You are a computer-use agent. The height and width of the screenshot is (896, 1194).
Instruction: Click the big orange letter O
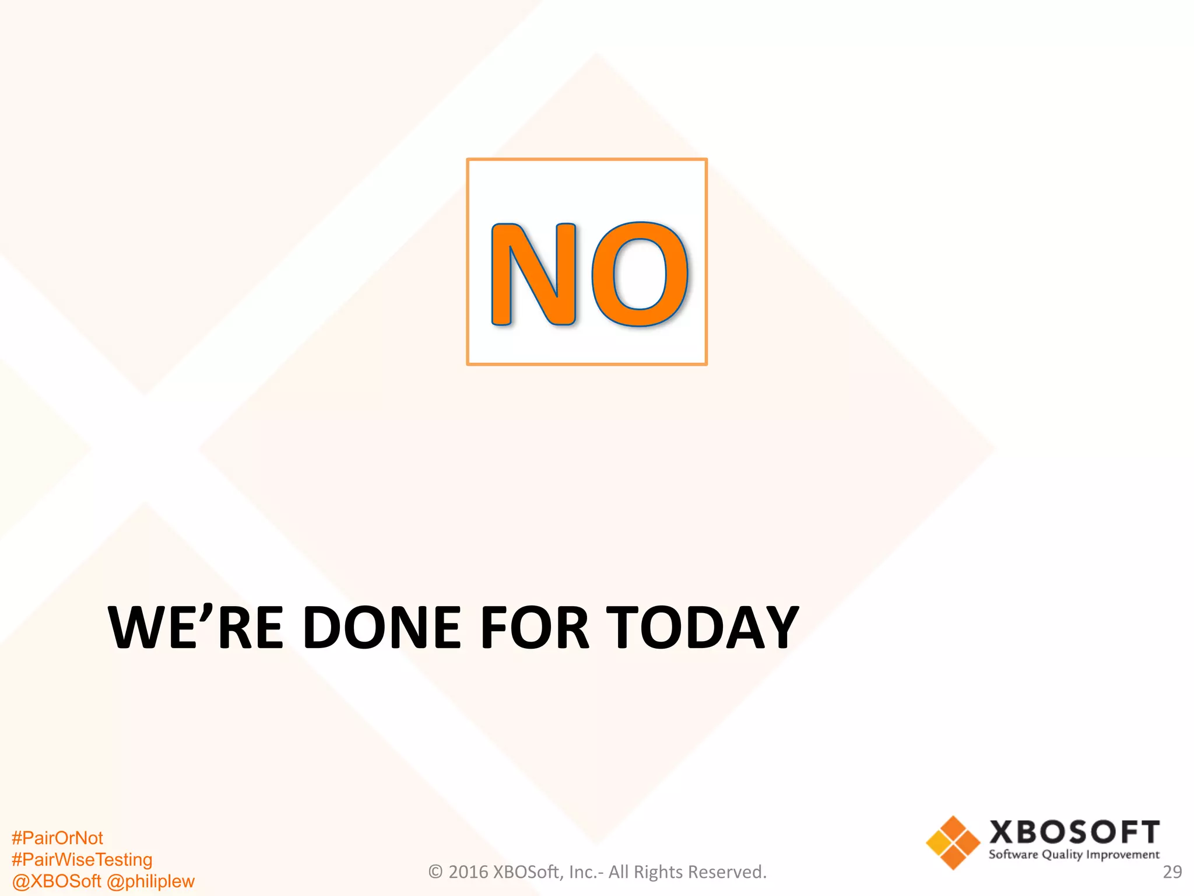pos(640,274)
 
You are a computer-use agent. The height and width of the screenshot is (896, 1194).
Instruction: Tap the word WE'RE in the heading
pos(196,628)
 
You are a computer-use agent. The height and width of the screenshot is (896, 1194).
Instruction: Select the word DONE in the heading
pos(382,628)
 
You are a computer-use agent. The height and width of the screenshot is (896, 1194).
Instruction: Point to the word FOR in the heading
pos(534,628)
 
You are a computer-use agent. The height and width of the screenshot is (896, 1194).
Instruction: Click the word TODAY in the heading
pos(703,628)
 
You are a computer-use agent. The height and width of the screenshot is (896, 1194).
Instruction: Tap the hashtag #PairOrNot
pos(57,838)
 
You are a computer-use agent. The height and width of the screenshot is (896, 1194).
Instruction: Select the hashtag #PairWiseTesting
pos(82,860)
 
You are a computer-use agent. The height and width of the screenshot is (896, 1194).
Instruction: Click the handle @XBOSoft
pos(57,881)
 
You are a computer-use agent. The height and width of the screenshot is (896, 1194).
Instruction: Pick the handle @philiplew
pos(151,881)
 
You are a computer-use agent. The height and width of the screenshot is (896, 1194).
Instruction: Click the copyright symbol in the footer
pos(436,872)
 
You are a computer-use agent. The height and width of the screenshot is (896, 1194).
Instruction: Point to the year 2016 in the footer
pos(468,872)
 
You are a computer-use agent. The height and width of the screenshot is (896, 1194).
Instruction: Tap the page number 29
pos(1172,872)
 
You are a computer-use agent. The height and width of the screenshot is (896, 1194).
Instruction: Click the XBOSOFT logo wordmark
pos(1074,832)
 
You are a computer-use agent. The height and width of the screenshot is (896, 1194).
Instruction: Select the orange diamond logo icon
pos(953,842)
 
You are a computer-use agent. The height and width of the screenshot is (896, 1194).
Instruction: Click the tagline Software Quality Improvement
pos(1074,855)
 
